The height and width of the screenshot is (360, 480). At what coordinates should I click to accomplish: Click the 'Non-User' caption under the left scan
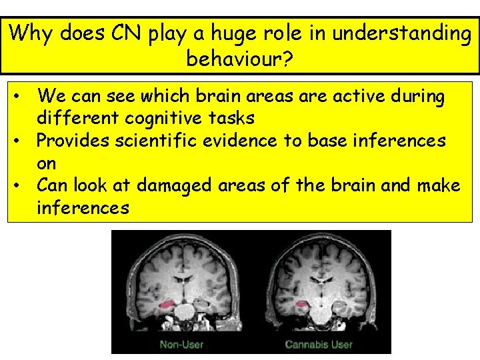[181, 345]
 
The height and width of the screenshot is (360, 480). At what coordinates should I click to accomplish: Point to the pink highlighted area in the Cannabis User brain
[301, 306]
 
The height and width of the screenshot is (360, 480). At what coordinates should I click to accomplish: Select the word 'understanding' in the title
[401, 33]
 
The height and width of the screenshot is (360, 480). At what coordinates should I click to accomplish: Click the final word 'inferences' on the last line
[83, 207]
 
